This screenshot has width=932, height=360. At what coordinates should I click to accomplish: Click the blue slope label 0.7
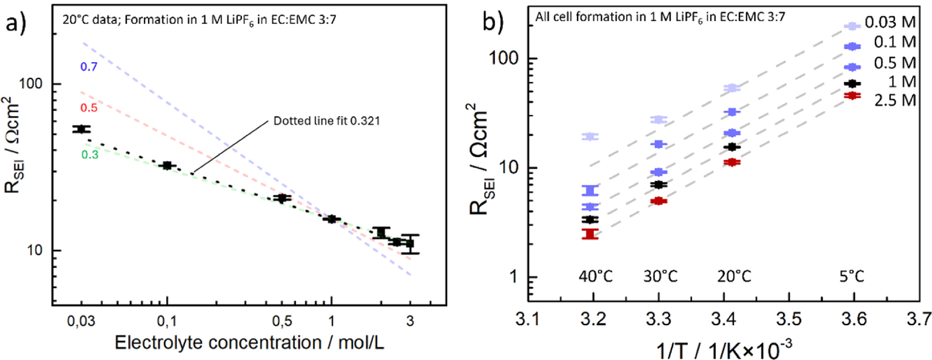coord(89,67)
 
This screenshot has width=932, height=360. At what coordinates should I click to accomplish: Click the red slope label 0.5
coord(89,108)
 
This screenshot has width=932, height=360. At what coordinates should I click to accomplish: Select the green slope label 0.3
coord(89,155)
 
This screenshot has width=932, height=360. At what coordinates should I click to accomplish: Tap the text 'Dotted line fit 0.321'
coord(327,121)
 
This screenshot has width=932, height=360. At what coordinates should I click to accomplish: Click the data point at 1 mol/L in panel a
coord(332,219)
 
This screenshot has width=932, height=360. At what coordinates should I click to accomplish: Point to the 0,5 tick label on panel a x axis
coord(282,321)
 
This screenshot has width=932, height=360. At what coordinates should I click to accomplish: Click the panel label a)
coord(16,23)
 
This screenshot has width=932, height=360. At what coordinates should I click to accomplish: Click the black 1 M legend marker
coord(852,83)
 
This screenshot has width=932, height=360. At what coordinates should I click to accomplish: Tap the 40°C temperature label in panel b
coord(595,276)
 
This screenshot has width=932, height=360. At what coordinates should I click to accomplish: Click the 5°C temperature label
coord(852,276)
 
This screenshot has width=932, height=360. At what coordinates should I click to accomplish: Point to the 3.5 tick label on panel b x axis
coord(789,319)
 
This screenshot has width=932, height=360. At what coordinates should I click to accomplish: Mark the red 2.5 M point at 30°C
coord(659,201)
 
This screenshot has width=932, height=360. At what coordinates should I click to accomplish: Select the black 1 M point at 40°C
coord(590,220)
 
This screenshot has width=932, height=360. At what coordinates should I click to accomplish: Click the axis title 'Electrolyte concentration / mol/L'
coord(249,343)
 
